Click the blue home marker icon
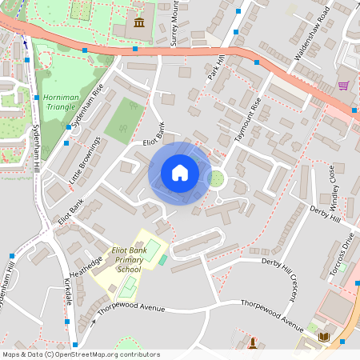point(180,173)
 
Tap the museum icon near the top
point(140,21)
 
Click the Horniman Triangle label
point(61,102)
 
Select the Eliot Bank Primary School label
point(127,260)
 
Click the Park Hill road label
point(215,67)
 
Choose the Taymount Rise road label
point(246,121)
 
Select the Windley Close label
point(334,186)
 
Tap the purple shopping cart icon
point(343,86)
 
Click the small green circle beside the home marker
point(215,178)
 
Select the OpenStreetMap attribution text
point(81,354)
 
